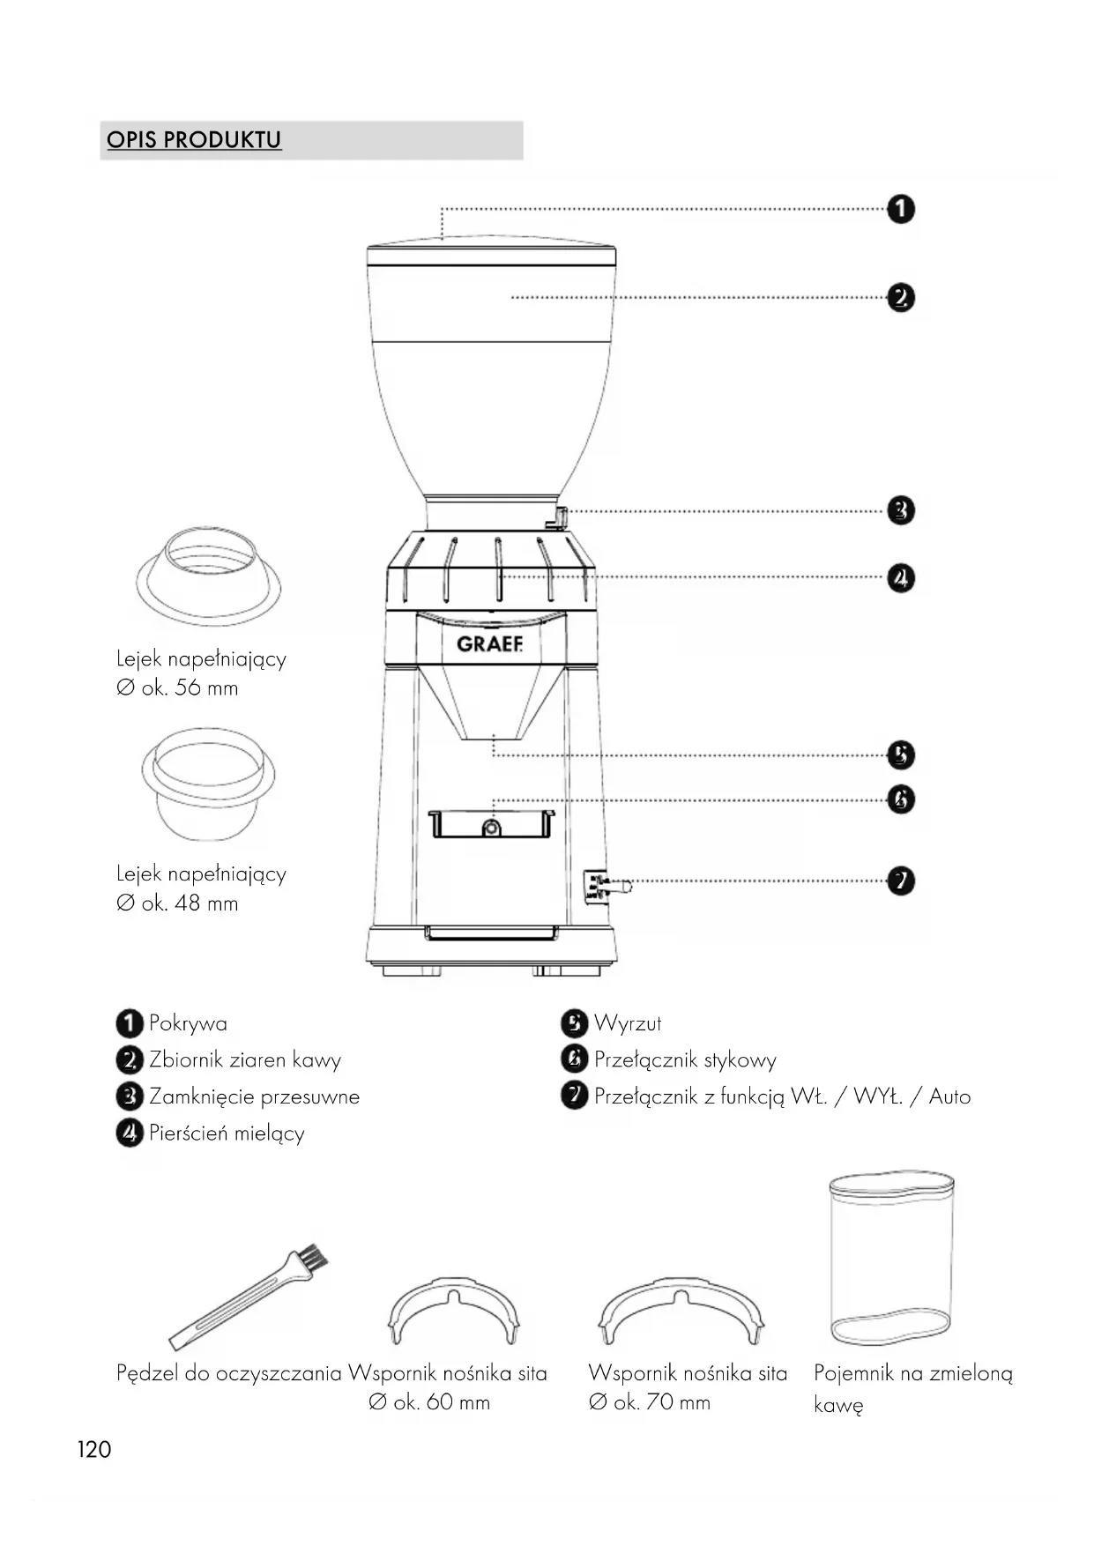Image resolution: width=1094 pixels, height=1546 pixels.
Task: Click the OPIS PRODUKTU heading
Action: (194, 140)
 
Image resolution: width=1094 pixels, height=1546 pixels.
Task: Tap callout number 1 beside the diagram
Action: (901, 210)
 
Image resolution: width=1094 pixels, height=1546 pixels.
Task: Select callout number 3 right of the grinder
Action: (901, 510)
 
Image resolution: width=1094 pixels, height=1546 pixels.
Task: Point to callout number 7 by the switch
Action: (901, 881)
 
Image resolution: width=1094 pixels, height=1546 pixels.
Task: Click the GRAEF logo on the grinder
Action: (490, 644)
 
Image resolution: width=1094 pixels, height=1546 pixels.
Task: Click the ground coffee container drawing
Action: (891, 1259)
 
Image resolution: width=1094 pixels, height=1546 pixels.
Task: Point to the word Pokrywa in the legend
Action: (188, 1023)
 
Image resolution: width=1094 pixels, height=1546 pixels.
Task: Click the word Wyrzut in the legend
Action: (628, 1023)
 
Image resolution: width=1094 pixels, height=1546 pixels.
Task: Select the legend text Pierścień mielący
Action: (227, 1133)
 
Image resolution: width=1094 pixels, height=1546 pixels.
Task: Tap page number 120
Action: (94, 1450)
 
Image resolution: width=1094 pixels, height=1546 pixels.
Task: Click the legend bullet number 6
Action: (574, 1059)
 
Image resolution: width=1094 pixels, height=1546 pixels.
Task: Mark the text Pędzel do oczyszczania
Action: (229, 1373)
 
